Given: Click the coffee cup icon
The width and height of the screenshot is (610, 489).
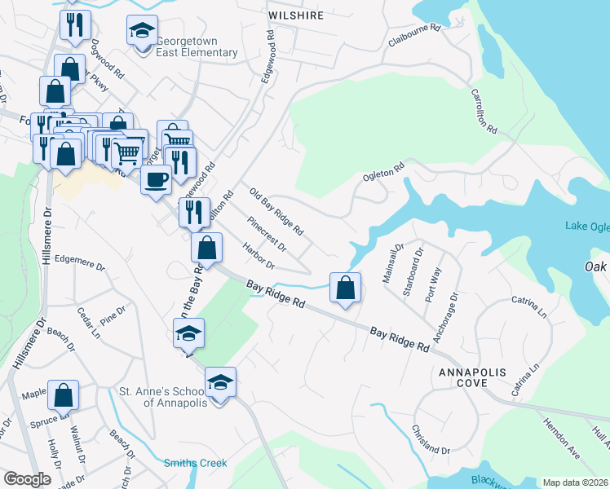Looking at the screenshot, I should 156,180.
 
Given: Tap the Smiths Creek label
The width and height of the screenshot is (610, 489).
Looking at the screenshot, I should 196,463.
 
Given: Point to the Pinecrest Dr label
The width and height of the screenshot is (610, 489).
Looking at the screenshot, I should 267,233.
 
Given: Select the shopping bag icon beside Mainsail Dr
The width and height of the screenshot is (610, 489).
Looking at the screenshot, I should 346,288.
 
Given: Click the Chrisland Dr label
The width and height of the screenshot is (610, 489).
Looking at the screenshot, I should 431,440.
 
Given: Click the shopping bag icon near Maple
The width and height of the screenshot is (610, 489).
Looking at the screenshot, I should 63,395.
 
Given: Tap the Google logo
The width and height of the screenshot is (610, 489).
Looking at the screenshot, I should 26,479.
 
